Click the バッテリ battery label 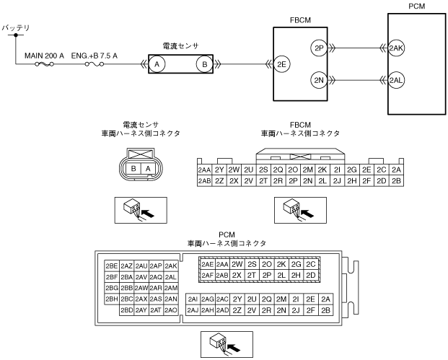16,27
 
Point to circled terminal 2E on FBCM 282,63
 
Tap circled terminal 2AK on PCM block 396,48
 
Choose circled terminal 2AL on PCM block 396,79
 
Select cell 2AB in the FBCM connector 204,180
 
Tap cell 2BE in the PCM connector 111,265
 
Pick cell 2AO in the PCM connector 171,310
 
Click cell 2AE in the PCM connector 207,264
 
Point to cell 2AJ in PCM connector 193,310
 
